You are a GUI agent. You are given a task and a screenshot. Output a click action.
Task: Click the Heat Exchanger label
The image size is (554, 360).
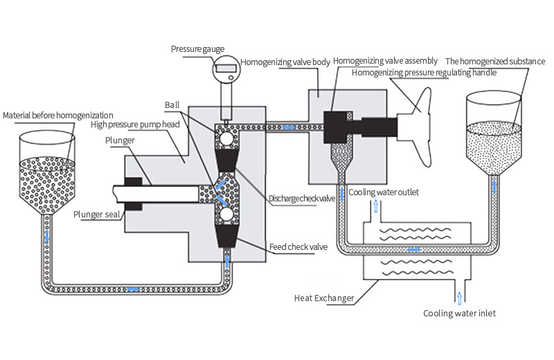point(323,298)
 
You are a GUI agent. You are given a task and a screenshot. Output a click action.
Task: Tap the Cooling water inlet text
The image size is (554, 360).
point(460,313)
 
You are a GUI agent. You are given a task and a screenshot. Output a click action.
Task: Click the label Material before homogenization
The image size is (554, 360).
point(58,114)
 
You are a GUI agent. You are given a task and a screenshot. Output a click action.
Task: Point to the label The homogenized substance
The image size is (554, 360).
point(495,61)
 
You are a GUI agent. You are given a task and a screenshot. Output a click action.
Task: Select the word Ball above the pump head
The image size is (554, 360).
point(172,105)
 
